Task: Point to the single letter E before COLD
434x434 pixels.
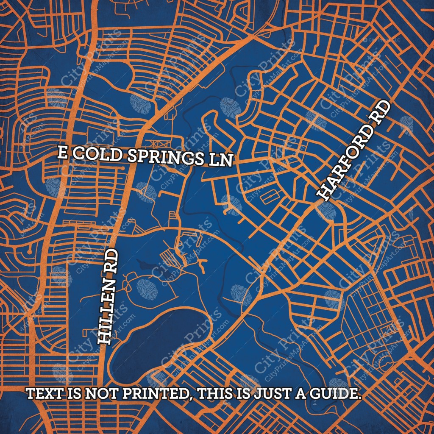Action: coord(62,153)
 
